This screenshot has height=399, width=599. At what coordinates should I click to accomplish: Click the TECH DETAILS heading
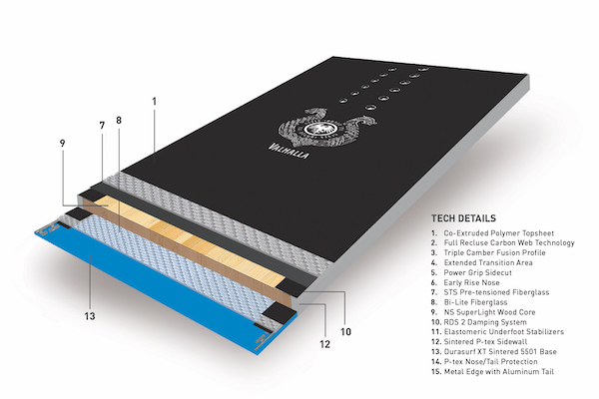[x=463, y=218]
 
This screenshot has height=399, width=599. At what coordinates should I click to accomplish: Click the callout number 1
[x=155, y=101]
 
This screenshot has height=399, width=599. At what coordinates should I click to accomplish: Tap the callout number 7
[x=102, y=126]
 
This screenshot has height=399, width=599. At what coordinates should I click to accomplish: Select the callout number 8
[x=119, y=121]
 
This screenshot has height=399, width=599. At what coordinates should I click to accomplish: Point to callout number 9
[x=62, y=144]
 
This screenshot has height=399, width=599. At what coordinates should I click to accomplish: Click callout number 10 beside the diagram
[x=345, y=332]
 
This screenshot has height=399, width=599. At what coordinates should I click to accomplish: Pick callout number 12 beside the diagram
[x=324, y=344]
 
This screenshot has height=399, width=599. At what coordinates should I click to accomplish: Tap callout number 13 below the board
[x=90, y=316]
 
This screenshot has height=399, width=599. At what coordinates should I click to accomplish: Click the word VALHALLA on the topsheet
[x=289, y=151]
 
